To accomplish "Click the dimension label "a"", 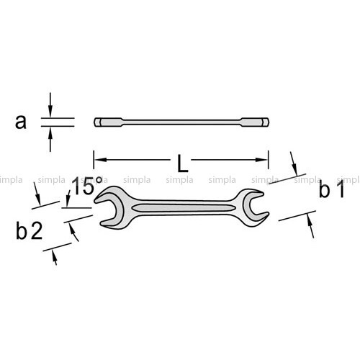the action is (21, 122).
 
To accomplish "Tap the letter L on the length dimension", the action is (182, 163).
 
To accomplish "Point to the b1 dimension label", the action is (332, 189).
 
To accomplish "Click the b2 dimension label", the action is (29, 230).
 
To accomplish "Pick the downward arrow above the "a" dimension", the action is (50, 104).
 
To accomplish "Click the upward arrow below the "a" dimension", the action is (50, 140).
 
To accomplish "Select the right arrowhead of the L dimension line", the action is (262, 160).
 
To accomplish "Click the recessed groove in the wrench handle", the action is (181, 208).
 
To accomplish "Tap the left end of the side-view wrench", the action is (98, 122).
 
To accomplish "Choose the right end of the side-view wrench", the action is (266, 122).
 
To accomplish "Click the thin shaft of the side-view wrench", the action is (181, 122).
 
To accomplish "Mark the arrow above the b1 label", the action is (294, 163).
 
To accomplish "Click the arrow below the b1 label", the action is (310, 226).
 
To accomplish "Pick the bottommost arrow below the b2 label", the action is (55, 258).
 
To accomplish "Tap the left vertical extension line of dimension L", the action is (94, 160).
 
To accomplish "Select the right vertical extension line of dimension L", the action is (269, 160).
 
